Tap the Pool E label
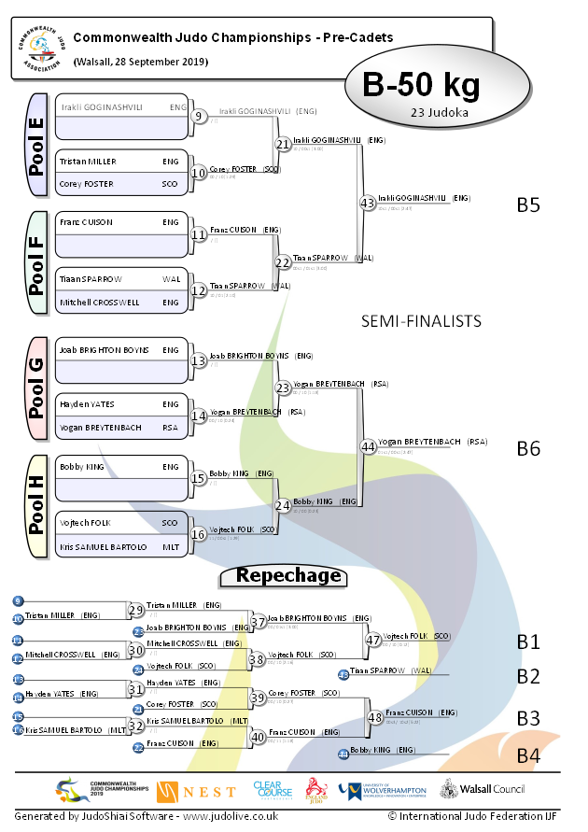[x=37, y=144]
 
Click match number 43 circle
[x=368, y=202]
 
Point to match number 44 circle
[x=368, y=446]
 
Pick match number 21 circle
[x=283, y=144]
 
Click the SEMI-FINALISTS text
[x=421, y=321]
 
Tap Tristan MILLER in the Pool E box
[x=88, y=162]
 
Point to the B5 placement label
[x=528, y=204]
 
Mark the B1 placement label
[x=528, y=642]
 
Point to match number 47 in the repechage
[x=374, y=640]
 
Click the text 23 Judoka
[x=439, y=113]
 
